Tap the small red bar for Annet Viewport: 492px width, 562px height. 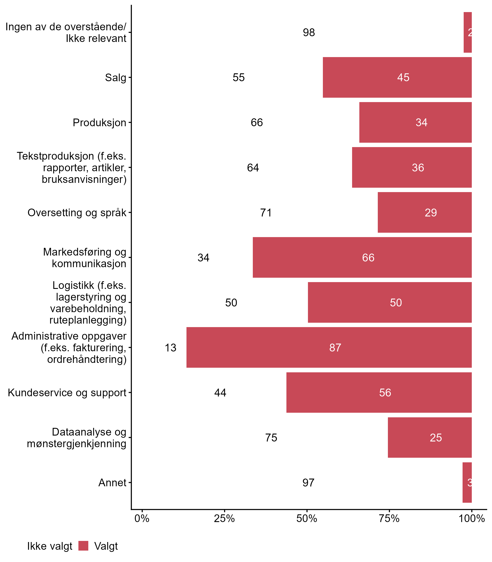click(x=467, y=483)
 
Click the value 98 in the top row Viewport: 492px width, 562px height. click(x=309, y=32)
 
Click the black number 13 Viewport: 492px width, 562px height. click(x=170, y=348)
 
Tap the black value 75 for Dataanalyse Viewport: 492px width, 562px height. click(x=271, y=438)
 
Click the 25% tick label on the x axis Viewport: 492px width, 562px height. click(x=224, y=518)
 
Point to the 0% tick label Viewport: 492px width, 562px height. click(x=142, y=518)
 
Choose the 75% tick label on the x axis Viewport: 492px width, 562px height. click(x=389, y=518)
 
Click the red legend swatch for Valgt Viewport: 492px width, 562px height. click(x=83, y=546)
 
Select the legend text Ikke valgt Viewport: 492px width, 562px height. click(x=50, y=546)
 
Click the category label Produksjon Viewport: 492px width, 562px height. click(x=99, y=123)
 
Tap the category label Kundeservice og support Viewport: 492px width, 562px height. click(x=67, y=393)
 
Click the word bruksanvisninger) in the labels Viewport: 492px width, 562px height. click(x=84, y=179)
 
